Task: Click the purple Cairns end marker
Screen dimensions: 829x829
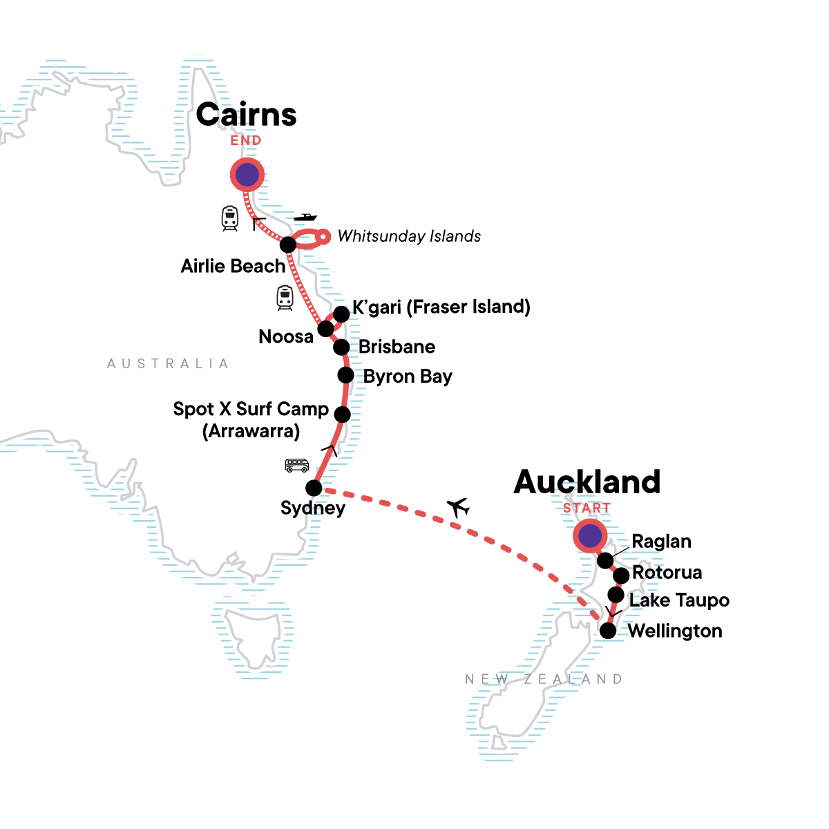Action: [x=247, y=175]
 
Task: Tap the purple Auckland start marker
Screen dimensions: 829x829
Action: [x=589, y=536]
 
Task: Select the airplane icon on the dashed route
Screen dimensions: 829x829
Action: [x=458, y=508]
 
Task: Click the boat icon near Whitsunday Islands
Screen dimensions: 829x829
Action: [x=305, y=218]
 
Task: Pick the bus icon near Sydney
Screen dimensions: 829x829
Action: [x=297, y=466]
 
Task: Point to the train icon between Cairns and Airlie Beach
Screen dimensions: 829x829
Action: [x=230, y=218]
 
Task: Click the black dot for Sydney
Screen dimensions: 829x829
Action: [x=314, y=488]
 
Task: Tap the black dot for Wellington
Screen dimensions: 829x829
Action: [x=608, y=631]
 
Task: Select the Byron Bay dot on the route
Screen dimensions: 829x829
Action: [x=345, y=375]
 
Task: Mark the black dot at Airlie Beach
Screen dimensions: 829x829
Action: [x=288, y=244]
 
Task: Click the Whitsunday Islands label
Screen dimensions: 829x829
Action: [x=409, y=236]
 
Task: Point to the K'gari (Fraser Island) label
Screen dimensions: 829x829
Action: [x=441, y=307]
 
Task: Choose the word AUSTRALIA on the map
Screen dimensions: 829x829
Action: [x=168, y=363]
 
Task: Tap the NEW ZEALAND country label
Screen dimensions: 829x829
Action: [x=544, y=679]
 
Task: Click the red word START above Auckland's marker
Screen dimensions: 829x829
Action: [x=587, y=508]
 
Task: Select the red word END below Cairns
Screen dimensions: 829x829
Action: [x=246, y=140]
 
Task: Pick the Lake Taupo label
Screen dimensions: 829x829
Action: [x=679, y=600]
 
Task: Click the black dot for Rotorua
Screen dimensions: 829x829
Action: [x=621, y=575]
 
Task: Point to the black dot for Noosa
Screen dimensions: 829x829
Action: [x=325, y=327]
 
